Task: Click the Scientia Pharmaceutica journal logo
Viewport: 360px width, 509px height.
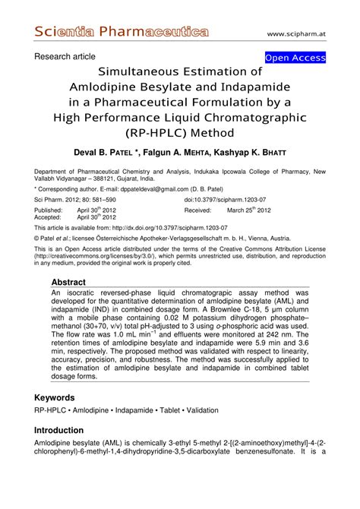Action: (122, 32)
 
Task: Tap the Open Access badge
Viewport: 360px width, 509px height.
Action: (295, 58)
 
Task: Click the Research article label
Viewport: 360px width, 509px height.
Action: (65, 56)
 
